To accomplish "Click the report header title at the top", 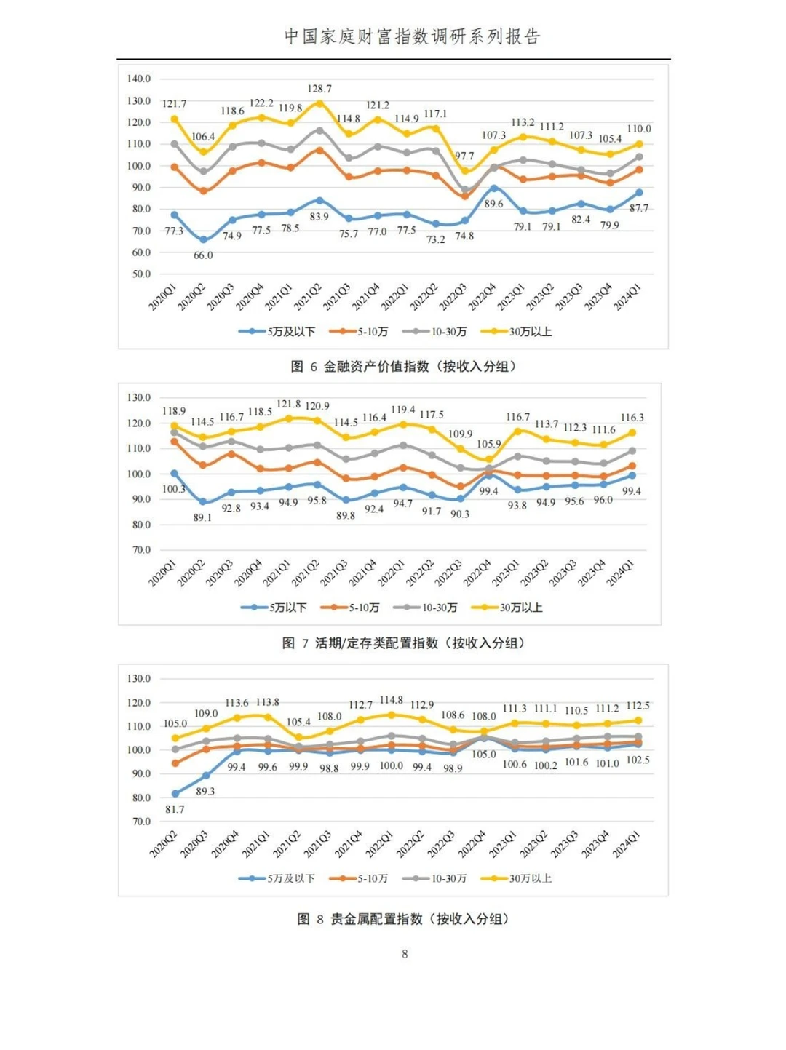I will pyautogui.click(x=412, y=36).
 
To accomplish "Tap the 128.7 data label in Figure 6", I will pyautogui.click(x=319, y=89).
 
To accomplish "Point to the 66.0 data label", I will pyautogui.click(x=203, y=255).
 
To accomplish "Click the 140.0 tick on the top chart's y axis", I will pyautogui.click(x=139, y=79).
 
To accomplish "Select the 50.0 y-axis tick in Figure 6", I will pyautogui.click(x=141, y=274).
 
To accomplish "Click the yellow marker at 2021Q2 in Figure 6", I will pyautogui.click(x=319, y=104).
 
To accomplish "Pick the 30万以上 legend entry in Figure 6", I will pyautogui.click(x=522, y=332).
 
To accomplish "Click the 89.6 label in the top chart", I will pyautogui.click(x=493, y=204).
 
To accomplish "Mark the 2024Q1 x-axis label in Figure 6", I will pyautogui.click(x=627, y=298).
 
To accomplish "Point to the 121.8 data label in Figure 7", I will pyautogui.click(x=288, y=404).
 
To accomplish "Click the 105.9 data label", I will pyautogui.click(x=488, y=444).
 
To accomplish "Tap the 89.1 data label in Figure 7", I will pyautogui.click(x=202, y=517).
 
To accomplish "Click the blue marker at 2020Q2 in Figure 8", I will pyautogui.click(x=175, y=794).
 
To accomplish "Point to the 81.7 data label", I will pyautogui.click(x=175, y=809).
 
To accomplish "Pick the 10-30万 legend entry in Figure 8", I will pyautogui.click(x=440, y=878).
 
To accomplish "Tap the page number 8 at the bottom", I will pyautogui.click(x=405, y=954).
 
